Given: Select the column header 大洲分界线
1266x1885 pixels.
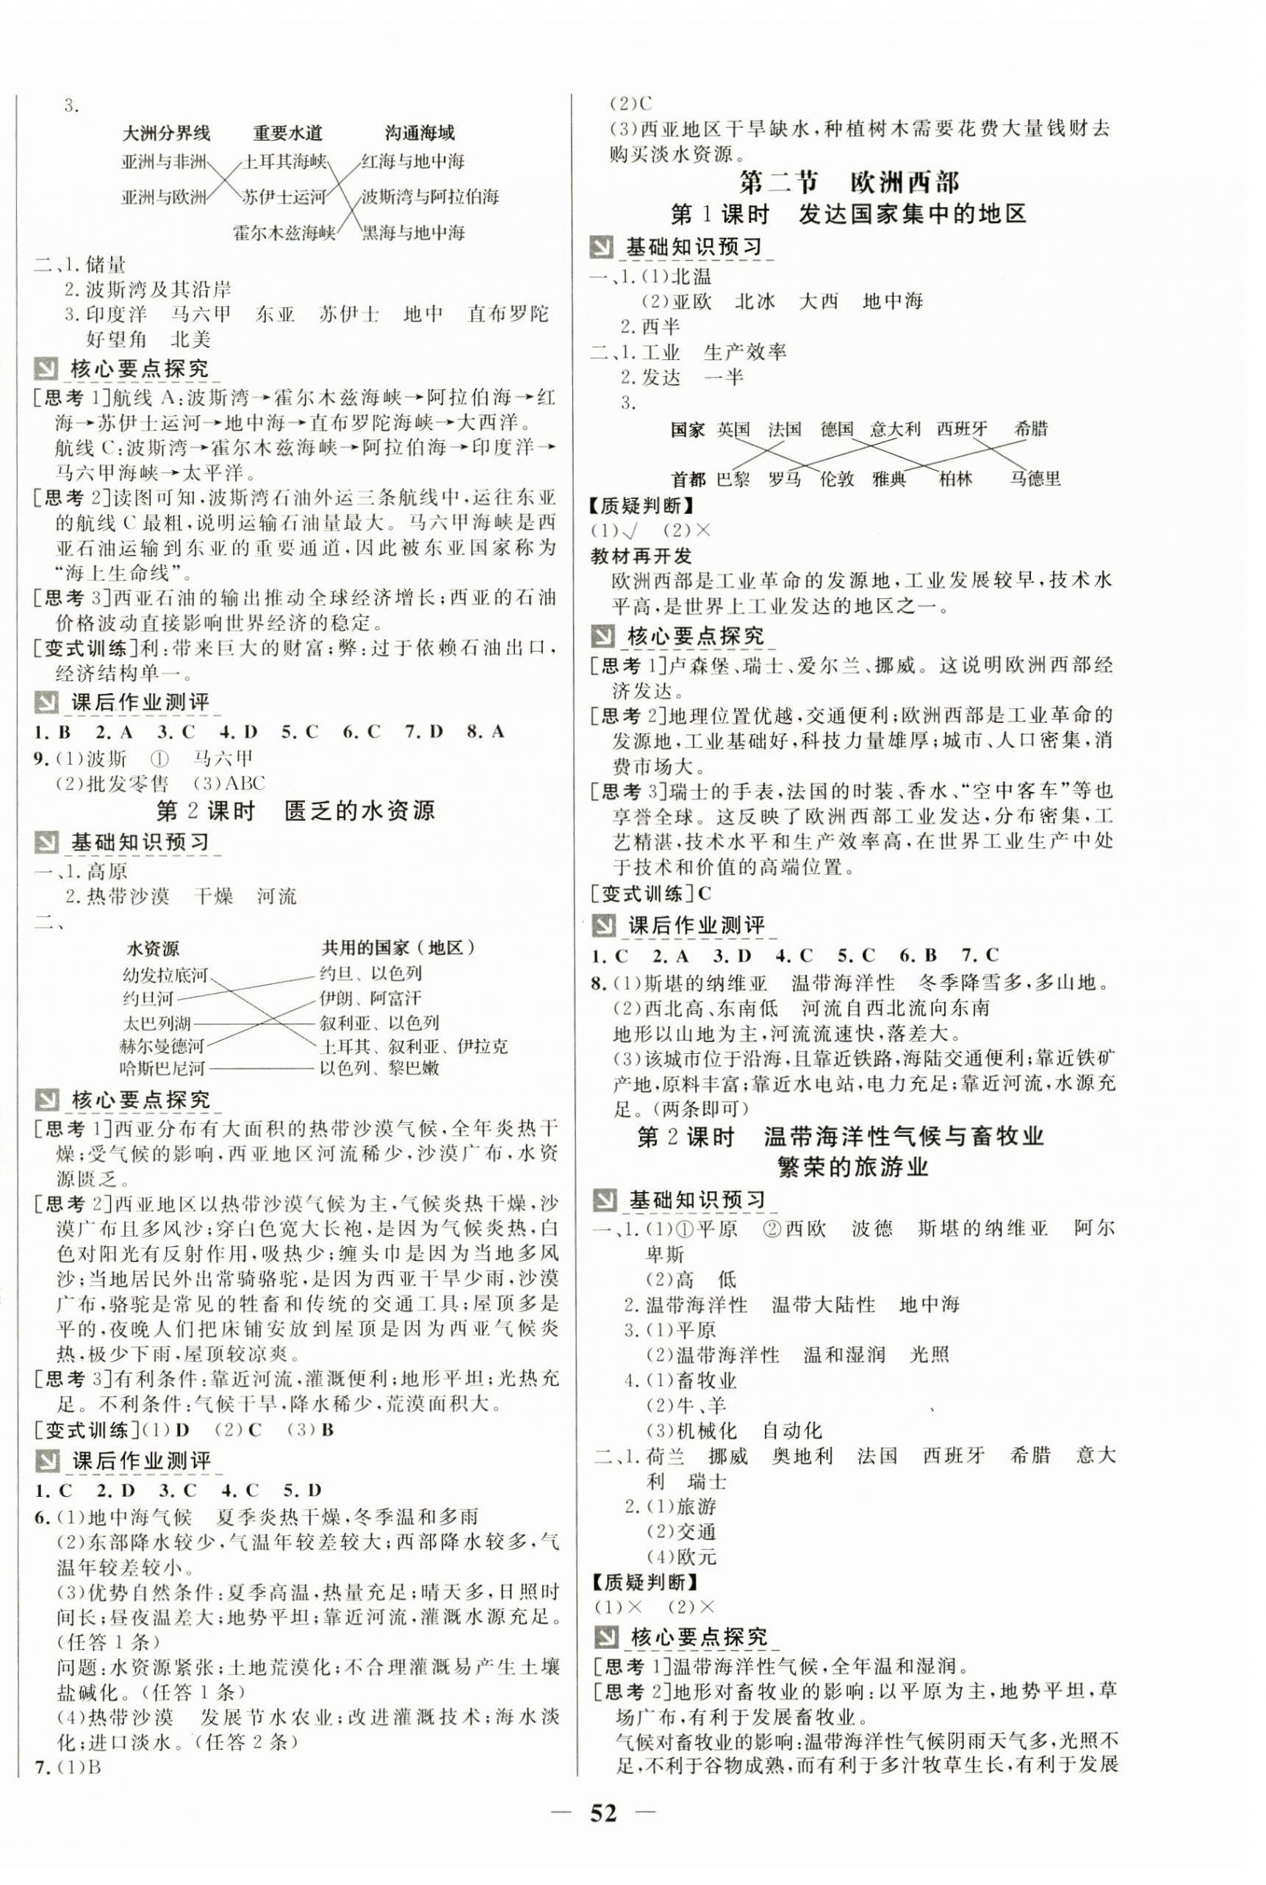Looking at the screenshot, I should [165, 132].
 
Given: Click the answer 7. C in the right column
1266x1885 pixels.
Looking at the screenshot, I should [981, 956].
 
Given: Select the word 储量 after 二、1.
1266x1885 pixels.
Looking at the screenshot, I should [105, 264].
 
